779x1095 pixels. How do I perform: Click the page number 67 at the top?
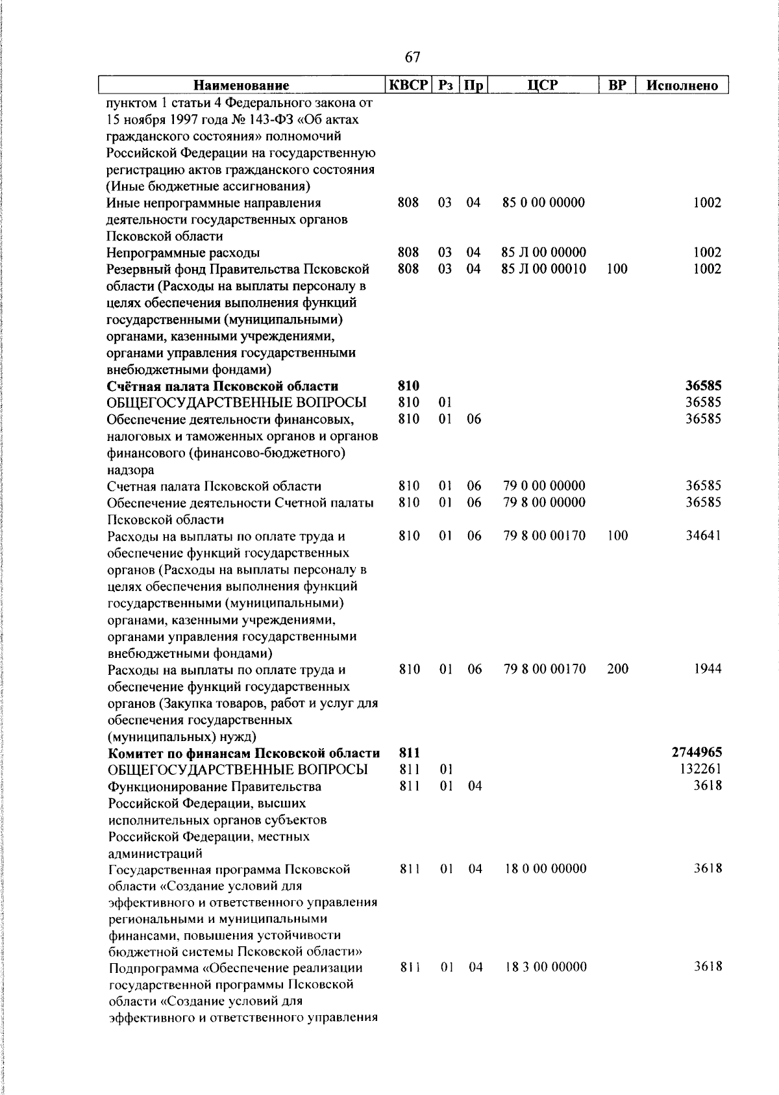(412, 57)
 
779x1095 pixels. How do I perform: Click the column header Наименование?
(241, 86)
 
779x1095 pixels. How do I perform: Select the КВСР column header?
(408, 85)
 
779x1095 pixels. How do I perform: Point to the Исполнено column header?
(682, 86)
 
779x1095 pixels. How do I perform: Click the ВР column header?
(617, 85)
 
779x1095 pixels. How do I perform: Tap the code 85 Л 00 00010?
(544, 269)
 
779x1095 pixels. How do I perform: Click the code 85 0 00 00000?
(543, 203)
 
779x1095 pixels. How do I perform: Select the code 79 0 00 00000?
(544, 486)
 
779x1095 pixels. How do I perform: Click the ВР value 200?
(617, 669)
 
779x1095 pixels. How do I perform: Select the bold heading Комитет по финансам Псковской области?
(243, 753)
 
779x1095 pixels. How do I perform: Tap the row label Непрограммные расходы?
(184, 253)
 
